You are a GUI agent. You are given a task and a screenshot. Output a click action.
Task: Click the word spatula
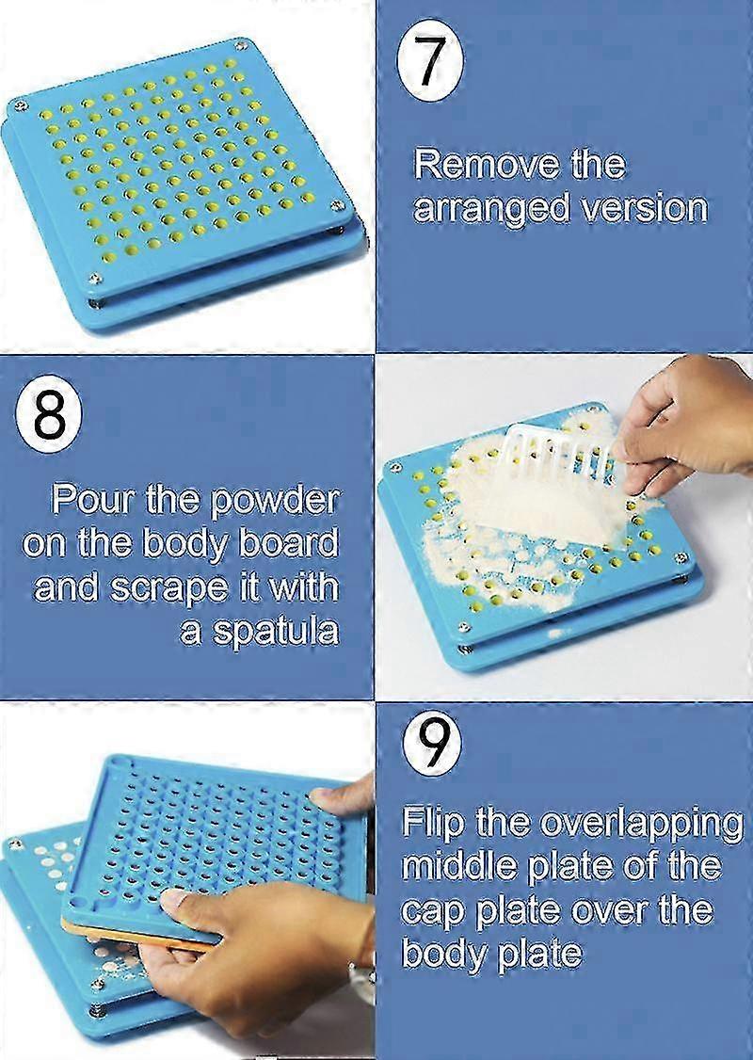(272, 629)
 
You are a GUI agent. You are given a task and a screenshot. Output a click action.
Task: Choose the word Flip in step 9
(432, 822)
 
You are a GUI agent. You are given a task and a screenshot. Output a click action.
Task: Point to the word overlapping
(641, 822)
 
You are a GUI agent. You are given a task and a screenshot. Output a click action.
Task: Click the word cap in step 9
(431, 908)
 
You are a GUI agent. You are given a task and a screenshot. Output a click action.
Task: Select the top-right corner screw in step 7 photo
(241, 44)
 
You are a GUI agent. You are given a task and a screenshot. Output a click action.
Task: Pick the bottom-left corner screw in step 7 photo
(95, 277)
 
